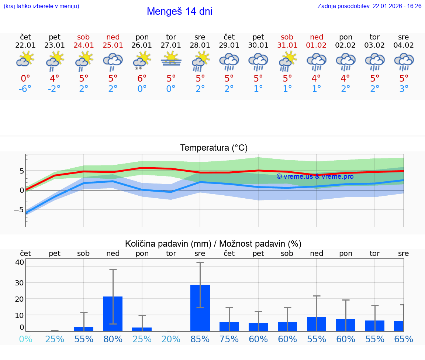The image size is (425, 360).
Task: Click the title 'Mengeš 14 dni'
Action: pyautogui.click(x=179, y=11)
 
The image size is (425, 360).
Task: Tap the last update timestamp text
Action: pyautogui.click(x=369, y=6)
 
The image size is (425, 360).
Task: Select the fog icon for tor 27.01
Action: pyautogui.click(x=171, y=59)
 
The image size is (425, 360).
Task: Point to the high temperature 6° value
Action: pyautogui.click(x=142, y=78)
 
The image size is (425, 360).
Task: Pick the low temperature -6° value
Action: pyautogui.click(x=25, y=89)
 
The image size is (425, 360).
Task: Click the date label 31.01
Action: pyautogui.click(x=287, y=45)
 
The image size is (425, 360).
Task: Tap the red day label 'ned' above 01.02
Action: pyautogui.click(x=317, y=37)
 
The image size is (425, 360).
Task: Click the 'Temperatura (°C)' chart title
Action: pyautogui.click(x=214, y=148)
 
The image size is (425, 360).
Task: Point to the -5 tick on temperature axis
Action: pyautogui.click(x=19, y=210)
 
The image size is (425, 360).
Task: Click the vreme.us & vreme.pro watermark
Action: pyautogui.click(x=315, y=176)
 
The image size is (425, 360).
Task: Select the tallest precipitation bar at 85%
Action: pyautogui.click(x=200, y=308)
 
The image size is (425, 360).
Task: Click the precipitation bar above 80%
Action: pyautogui.click(x=113, y=313)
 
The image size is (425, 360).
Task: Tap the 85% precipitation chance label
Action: pyautogui.click(x=200, y=339)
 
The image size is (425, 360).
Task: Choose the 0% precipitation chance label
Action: pyautogui.click(x=25, y=339)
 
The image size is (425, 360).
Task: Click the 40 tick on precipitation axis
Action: pyautogui.click(x=20, y=262)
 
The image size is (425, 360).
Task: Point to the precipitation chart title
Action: pyautogui.click(x=213, y=244)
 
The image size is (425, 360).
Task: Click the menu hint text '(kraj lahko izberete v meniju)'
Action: pyautogui.click(x=41, y=6)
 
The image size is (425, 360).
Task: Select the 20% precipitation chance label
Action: pyautogui.click(x=171, y=339)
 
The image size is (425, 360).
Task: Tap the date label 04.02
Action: pyautogui.click(x=404, y=45)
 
